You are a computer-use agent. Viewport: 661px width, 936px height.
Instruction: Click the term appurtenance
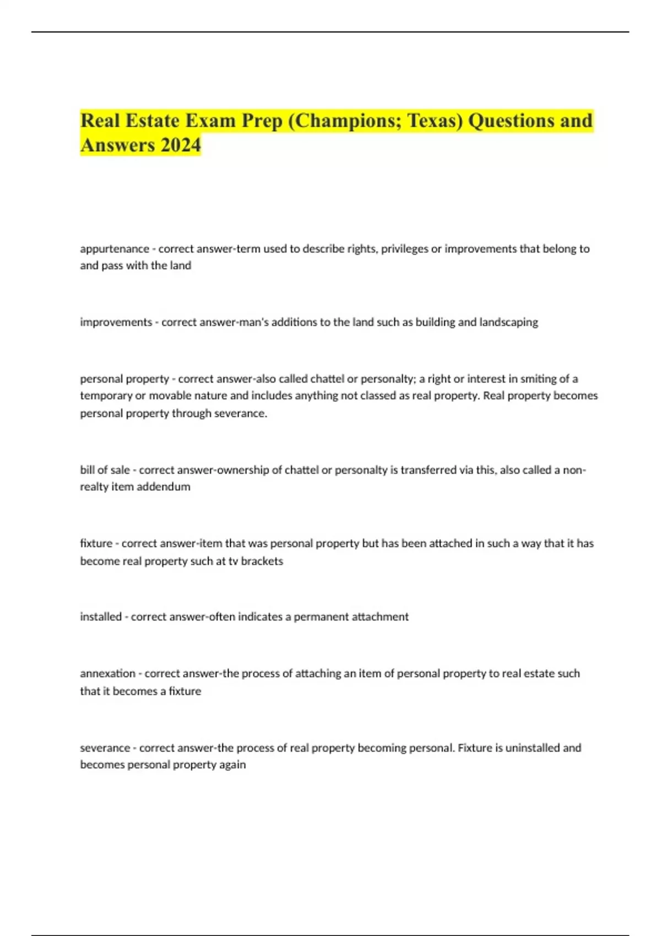point(115,249)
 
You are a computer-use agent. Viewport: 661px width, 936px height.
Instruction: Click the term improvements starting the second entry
point(116,322)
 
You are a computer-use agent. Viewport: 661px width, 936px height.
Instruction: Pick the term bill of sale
point(105,470)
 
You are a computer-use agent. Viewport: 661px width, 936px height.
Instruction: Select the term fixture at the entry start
point(96,543)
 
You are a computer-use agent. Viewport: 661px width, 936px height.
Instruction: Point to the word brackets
point(262,561)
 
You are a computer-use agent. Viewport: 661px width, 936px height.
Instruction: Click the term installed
point(101,617)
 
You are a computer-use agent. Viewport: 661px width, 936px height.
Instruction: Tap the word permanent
point(321,617)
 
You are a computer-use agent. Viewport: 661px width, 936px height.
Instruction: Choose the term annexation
point(107,673)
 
